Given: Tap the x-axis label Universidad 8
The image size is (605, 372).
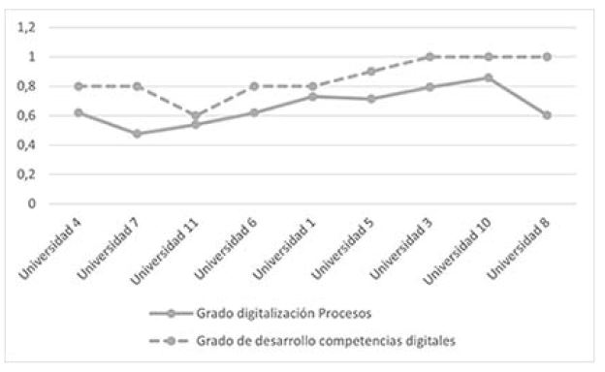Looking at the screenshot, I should tap(521, 249).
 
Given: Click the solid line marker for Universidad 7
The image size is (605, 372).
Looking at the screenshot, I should tap(136, 134).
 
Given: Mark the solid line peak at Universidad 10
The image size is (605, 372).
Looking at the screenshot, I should tap(488, 77).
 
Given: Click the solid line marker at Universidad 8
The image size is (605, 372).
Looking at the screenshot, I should tap(547, 115).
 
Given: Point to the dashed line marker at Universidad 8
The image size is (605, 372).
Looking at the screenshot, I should tap(547, 57).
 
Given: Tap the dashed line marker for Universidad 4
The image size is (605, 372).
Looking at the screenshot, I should tap(78, 86).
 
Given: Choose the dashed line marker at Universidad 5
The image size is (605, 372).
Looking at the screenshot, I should tap(370, 72).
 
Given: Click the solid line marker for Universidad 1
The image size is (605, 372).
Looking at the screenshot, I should tap(311, 96).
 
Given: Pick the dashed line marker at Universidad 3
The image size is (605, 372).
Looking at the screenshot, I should tap(430, 57).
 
